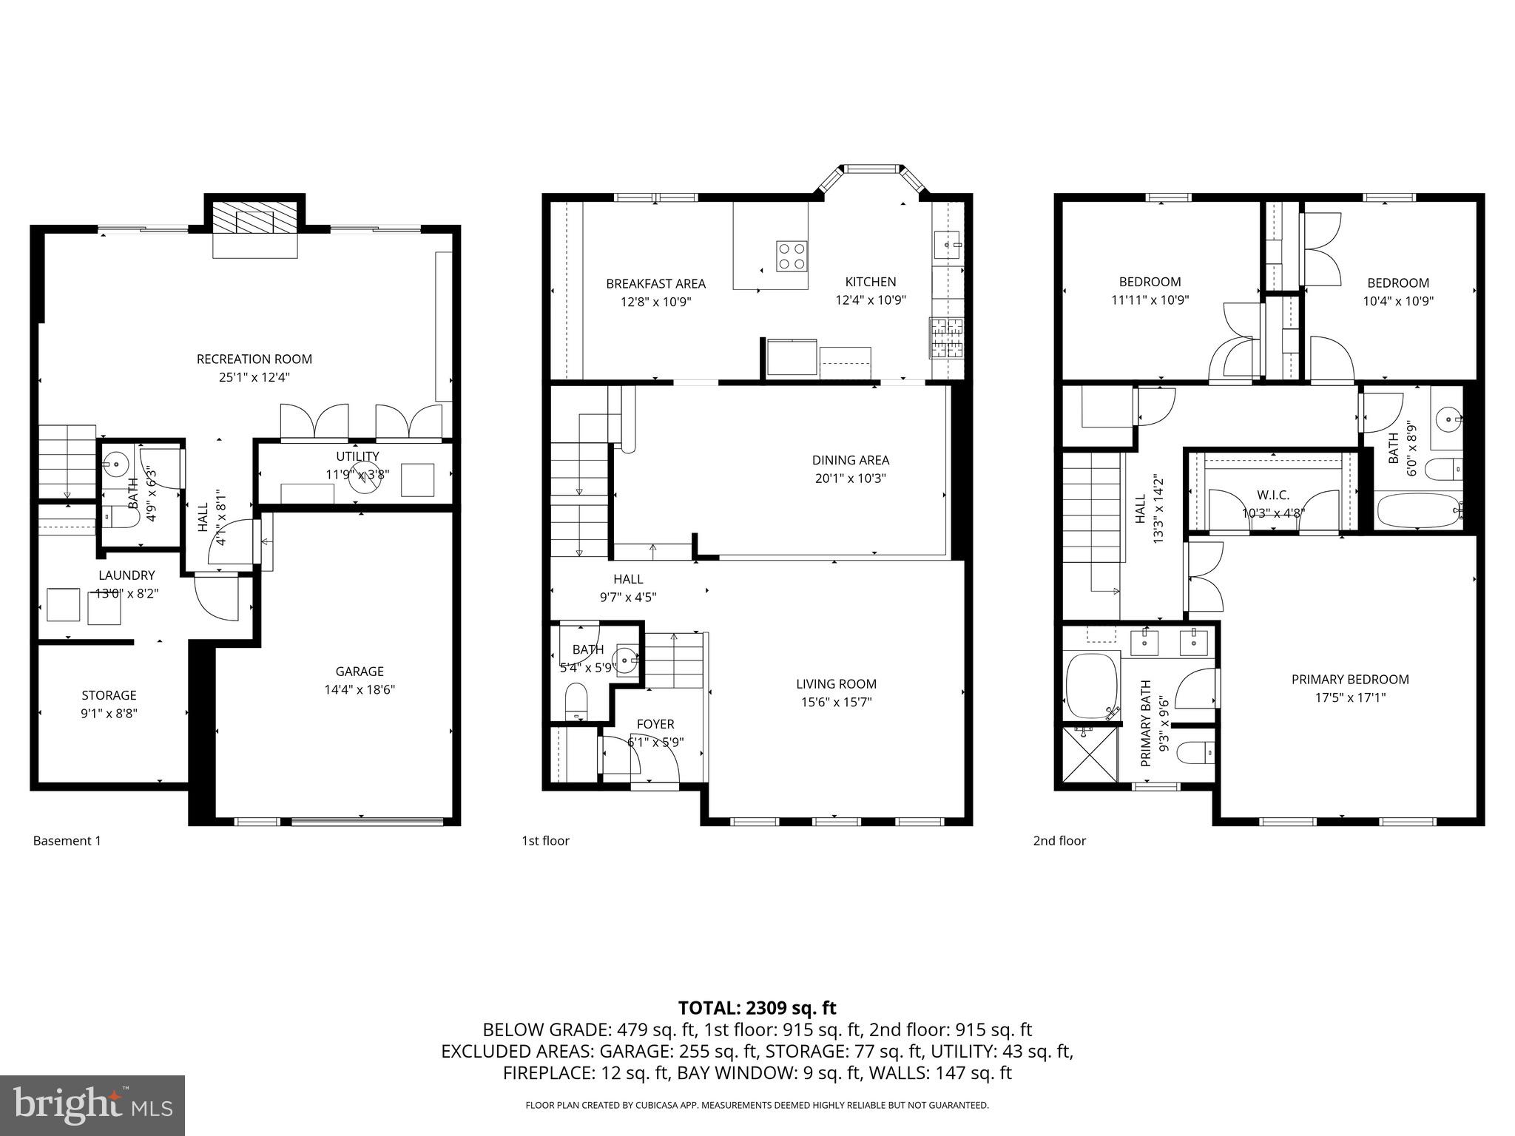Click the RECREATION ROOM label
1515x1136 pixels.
[254, 359]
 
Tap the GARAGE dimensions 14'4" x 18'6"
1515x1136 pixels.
[360, 689]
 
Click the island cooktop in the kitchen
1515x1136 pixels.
[791, 256]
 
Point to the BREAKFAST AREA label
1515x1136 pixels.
[655, 284]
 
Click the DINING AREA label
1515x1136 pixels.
[850, 460]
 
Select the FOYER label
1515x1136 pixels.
[655, 724]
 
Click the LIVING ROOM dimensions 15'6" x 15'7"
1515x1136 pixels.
[836, 702]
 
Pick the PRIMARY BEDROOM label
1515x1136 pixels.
[1349, 679]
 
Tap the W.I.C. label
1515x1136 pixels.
[1272, 496]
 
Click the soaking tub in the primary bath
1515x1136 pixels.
[1090, 686]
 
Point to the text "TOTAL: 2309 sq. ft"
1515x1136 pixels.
[757, 1008]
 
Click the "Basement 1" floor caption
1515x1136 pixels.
[67, 841]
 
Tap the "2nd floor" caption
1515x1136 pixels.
[1059, 841]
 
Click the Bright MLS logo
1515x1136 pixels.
[92, 1105]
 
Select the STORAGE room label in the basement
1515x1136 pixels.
[109, 695]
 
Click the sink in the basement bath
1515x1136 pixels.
[114, 466]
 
